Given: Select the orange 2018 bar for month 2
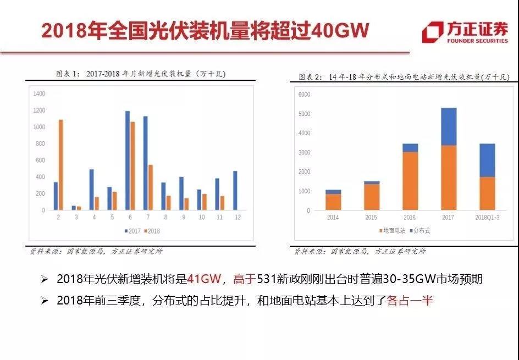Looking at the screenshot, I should tap(60, 165).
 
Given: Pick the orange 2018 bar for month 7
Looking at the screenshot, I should tap(150, 187).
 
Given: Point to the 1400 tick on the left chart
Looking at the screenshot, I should tap(39, 94).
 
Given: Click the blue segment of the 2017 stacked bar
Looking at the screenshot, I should tap(449, 126).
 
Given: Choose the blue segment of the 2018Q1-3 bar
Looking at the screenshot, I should tap(487, 160).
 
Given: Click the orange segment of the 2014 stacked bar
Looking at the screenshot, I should tap(333, 202).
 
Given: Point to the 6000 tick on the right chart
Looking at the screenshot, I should tap(304, 95).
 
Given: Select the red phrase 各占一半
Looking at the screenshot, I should tap(410, 301).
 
